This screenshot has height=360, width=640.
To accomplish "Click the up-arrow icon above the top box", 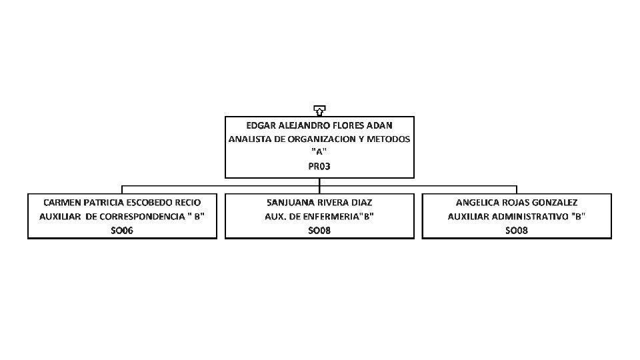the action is pyautogui.click(x=319, y=110).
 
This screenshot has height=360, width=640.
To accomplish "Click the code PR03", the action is pyautogui.click(x=319, y=167).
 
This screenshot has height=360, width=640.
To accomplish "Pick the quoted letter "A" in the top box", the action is pyautogui.click(x=319, y=153).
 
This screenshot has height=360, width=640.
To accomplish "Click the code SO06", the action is pyautogui.click(x=122, y=230).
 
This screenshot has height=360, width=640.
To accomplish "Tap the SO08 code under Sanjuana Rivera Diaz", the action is pyautogui.click(x=319, y=230).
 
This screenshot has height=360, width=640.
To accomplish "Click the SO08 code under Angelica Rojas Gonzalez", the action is pyautogui.click(x=517, y=230).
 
